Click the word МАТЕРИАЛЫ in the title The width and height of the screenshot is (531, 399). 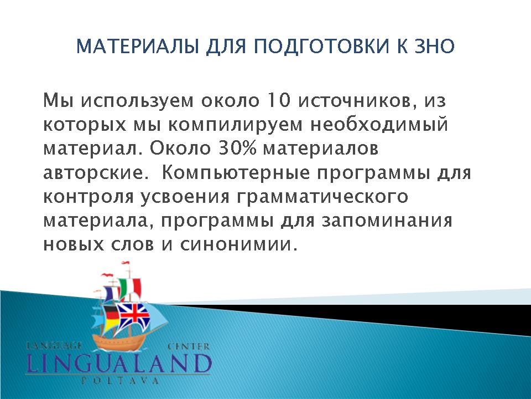point(137,47)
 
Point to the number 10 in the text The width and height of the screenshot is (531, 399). point(279,100)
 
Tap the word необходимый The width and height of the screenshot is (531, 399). point(379,125)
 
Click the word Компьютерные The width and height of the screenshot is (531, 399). point(236,173)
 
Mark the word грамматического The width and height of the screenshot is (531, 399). point(322,197)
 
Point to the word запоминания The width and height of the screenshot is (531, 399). point(387,221)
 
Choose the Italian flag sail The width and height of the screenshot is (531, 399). point(129,288)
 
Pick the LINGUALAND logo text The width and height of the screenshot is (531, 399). point(118,364)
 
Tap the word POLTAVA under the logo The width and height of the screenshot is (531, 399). point(120,381)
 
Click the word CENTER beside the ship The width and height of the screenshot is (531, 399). point(189,347)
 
